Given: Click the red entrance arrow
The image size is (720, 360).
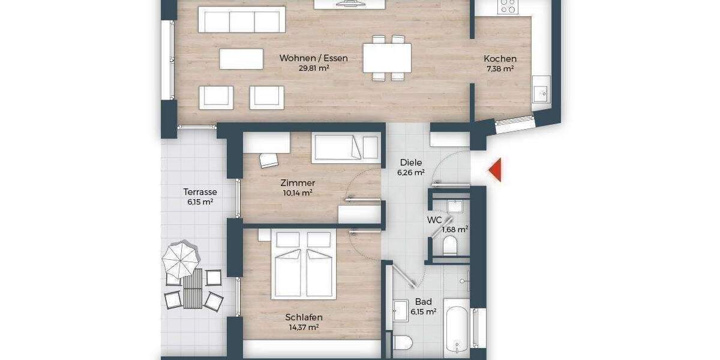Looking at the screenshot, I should pyautogui.click(x=494, y=170).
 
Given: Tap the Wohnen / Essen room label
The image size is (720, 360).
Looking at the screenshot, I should pyautogui.click(x=313, y=58).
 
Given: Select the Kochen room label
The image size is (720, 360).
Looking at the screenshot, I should pyautogui.click(x=500, y=59).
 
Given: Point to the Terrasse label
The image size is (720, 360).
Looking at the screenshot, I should pyautogui.click(x=200, y=192).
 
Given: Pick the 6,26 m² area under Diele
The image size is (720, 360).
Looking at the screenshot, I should pyautogui.click(x=410, y=172).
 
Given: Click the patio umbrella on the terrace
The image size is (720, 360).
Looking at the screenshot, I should pyautogui.click(x=180, y=258).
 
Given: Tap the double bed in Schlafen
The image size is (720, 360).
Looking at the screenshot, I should pyautogui.click(x=304, y=264).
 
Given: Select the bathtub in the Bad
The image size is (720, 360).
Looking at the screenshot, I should pyautogui.click(x=457, y=330).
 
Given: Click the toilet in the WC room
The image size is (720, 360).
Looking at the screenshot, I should pyautogui.click(x=450, y=245).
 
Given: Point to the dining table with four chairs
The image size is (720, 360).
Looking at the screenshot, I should pyautogui.click(x=387, y=58).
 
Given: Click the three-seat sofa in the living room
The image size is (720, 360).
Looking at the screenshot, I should pyautogui.click(x=242, y=22).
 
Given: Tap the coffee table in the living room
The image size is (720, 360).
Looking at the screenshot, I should pyautogui.click(x=241, y=59).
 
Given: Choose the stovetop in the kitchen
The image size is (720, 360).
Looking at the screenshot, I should pyautogui.click(x=508, y=6).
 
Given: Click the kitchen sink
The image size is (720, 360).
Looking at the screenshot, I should pyautogui.click(x=541, y=93).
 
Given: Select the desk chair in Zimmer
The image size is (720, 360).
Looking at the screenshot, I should pyautogui.click(x=269, y=160).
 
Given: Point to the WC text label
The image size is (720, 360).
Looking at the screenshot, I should pyautogui.click(x=434, y=220).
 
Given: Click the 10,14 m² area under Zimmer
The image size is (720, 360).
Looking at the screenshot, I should pyautogui.click(x=297, y=193).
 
